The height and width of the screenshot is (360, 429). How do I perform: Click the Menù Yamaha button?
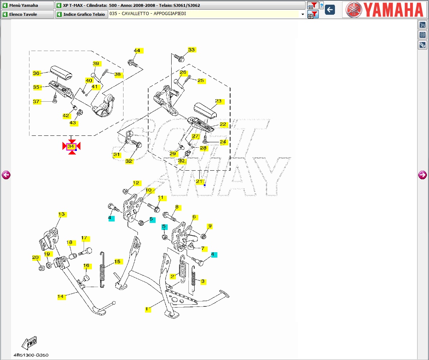pos(27,5)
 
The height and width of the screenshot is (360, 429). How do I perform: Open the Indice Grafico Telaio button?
pos(81,14)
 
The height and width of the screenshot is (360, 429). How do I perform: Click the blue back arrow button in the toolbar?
pos(330,10)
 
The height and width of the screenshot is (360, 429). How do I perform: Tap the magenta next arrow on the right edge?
pos(423,175)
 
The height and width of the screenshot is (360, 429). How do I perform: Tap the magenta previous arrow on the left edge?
pos(6,175)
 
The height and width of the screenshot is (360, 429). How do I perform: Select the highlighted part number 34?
pos(71,146)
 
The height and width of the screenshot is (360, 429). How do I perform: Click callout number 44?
pos(137,51)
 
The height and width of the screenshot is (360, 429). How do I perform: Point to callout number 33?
pos(191,50)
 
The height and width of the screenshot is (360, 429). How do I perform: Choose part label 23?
pos(218,101)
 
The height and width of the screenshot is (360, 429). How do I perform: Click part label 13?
pos(62,214)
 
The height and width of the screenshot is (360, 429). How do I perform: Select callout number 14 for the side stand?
pos(61,296)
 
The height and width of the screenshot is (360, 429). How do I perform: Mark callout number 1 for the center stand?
pos(146,309)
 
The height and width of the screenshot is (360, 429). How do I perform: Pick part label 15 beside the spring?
pos(117,262)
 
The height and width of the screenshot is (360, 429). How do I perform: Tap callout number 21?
pos(199,181)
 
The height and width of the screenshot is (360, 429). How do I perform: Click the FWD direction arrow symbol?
pos(29,343)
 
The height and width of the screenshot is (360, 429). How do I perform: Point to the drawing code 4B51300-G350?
pos(31,355)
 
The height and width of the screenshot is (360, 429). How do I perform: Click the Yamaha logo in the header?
pos(384,10)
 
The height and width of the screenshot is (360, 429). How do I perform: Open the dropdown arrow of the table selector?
pos(303,14)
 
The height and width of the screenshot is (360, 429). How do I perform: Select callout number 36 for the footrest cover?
pos(36,73)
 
